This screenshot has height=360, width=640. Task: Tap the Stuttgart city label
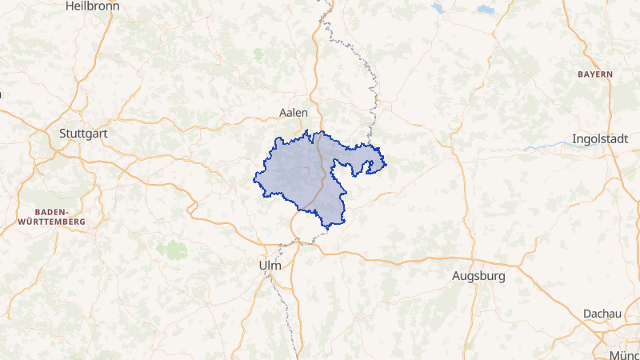pos(83,134)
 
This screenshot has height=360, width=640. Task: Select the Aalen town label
pos(294,113)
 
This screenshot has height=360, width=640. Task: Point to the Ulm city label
pos(270,265)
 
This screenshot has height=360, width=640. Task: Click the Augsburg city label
pos(478,277)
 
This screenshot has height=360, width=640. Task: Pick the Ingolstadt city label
pos(600,139)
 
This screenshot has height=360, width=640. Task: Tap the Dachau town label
pos(602,314)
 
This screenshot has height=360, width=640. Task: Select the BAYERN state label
pos(594,74)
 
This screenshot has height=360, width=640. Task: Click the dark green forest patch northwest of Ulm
pos(171,249)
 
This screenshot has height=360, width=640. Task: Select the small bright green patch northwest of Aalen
pos(258,54)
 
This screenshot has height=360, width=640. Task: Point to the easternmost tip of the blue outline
pos(386,166)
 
